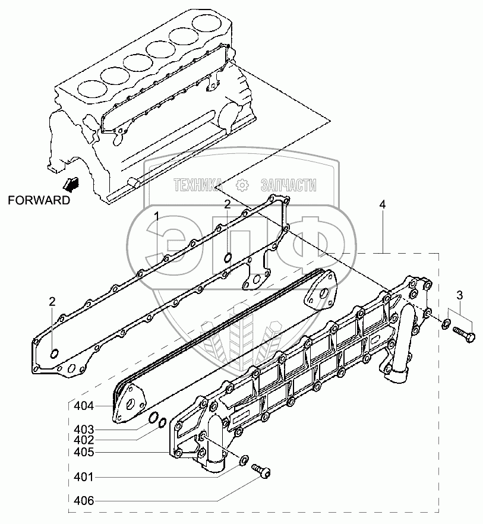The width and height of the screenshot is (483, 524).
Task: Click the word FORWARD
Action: [39, 200]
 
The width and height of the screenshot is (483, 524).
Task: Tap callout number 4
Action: [383, 204]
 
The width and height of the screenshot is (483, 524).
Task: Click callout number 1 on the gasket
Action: [157, 215]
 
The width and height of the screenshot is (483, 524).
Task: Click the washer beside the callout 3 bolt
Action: [446, 323]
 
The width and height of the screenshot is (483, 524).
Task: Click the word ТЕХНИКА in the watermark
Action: [197, 186]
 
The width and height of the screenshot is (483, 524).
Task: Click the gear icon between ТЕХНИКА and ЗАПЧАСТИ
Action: [242, 185]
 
